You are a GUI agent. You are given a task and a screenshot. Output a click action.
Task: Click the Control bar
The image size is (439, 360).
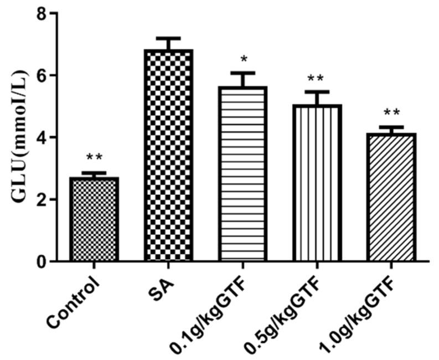tap(94, 219)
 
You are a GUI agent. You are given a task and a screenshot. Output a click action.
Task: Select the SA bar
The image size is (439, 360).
tap(168, 155)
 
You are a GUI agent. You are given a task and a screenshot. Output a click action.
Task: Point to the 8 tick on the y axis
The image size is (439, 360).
tap(42, 13)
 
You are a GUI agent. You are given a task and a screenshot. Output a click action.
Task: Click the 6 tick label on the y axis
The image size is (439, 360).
tap(42, 75)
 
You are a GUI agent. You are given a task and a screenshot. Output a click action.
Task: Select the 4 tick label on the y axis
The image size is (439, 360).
tap(42, 137)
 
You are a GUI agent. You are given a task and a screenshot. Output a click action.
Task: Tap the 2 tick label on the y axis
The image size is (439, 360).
tap(42, 199)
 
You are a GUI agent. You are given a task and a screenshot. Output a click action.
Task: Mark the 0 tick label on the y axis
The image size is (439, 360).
tap(42, 261)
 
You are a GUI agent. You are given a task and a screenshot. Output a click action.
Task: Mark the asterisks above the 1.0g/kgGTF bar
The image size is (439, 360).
tap(391, 114)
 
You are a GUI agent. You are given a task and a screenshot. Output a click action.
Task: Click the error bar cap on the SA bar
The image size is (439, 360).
tap(168, 38)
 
